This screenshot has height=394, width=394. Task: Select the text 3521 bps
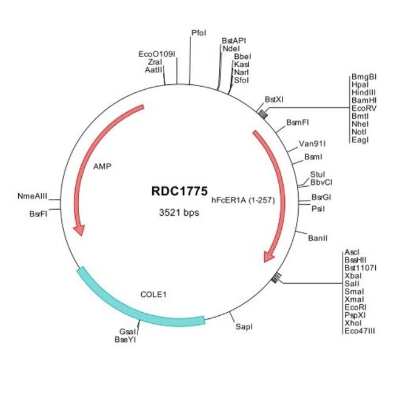pos(179,213)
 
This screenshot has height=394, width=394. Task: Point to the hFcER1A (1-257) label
pos(244,199)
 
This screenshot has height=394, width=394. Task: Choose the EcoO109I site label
pos(157,54)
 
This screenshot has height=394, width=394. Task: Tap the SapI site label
pos(244,326)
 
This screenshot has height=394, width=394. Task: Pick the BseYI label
pos(125,340)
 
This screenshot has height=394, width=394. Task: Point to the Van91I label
pos(313,144)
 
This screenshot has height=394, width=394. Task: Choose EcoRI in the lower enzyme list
pos(355,307)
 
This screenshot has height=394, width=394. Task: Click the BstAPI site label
pos(234,40)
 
